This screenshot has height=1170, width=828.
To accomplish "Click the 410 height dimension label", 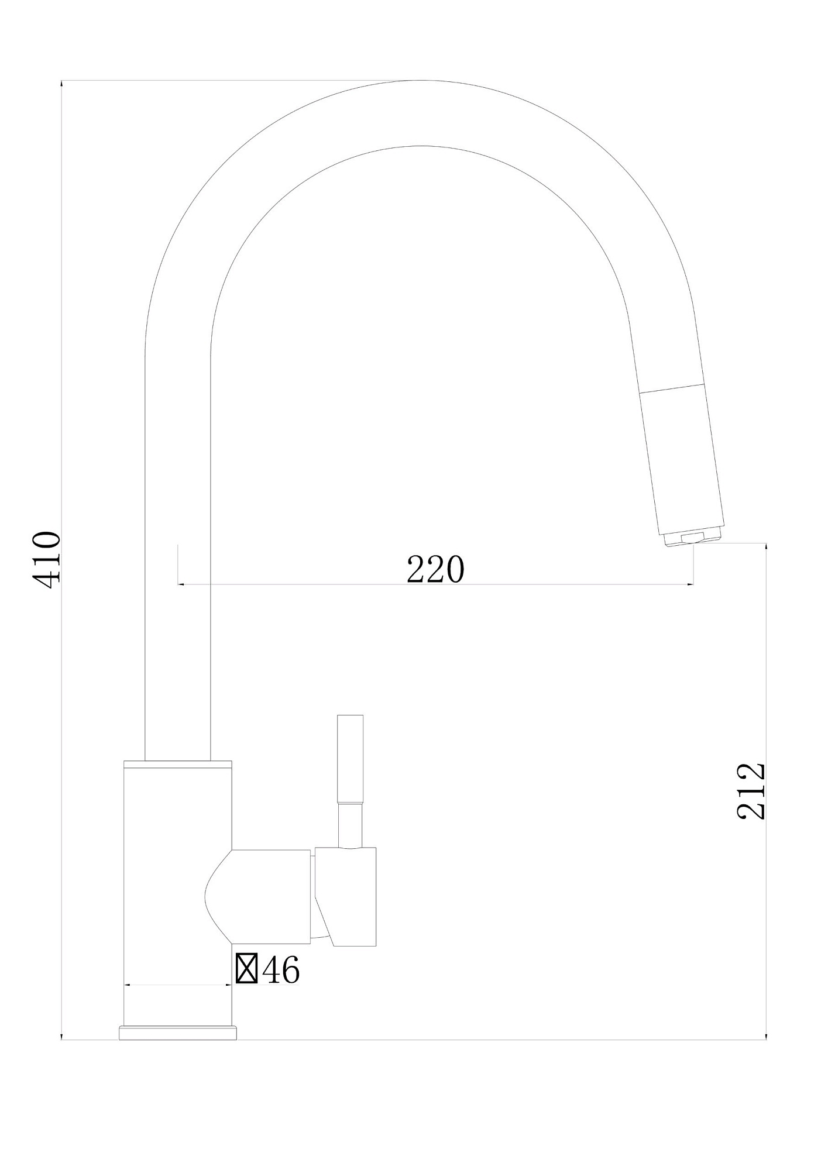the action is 46,560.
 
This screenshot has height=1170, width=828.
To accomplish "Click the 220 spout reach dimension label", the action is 435,570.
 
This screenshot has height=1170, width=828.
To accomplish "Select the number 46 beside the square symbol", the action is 281,970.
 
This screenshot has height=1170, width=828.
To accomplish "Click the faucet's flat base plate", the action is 178,1033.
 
